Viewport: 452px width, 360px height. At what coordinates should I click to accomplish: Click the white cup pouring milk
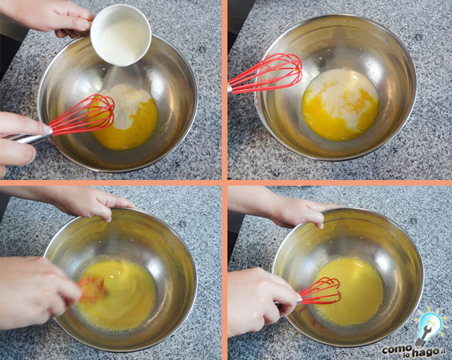click(x=121, y=35)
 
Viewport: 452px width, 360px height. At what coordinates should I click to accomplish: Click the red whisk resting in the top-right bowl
click(x=267, y=73)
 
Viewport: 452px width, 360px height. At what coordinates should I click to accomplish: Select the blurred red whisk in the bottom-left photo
click(x=93, y=288)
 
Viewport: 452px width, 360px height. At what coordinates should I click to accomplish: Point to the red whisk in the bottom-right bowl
click(x=321, y=292)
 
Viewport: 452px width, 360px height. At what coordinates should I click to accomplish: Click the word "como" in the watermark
click(x=396, y=349)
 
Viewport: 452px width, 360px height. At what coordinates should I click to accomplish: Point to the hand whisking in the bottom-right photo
click(x=259, y=299)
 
